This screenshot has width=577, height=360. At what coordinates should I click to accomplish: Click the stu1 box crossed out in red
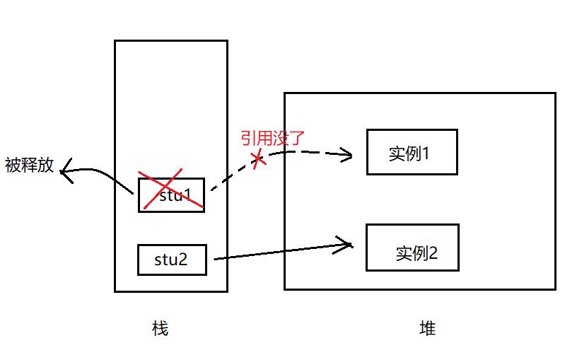(x=171, y=195)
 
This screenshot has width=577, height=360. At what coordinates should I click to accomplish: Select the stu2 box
(x=172, y=260)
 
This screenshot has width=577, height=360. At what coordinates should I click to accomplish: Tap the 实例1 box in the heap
(x=412, y=152)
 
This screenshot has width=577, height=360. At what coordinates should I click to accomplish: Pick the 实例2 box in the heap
(x=412, y=248)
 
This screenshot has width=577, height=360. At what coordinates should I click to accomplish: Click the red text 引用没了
(x=272, y=137)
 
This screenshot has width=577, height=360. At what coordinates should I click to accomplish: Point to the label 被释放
(x=29, y=166)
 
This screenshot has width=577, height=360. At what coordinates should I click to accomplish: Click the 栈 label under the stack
(x=161, y=328)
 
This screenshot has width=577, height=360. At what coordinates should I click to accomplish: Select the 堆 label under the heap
(x=427, y=328)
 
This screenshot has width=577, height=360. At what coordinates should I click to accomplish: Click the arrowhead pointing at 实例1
(x=346, y=154)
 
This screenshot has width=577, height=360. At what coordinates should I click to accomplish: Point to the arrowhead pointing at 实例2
(x=346, y=245)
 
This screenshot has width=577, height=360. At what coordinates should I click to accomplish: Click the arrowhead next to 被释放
(x=66, y=170)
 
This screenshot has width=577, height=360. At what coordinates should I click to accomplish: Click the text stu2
(x=171, y=260)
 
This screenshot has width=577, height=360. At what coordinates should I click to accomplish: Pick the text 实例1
(x=409, y=153)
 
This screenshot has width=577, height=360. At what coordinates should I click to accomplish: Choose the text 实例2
(x=416, y=253)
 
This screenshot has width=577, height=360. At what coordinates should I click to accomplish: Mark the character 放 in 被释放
(x=46, y=166)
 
